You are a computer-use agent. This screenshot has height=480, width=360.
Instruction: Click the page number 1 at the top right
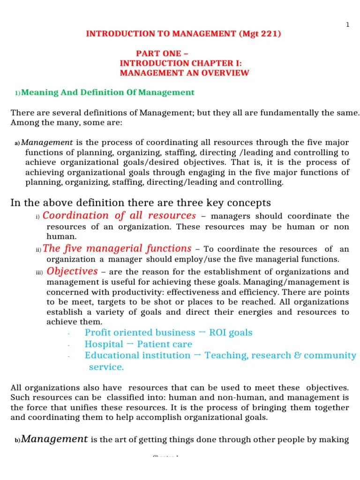(347, 25)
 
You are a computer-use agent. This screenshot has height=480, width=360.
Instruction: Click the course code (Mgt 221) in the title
(260, 34)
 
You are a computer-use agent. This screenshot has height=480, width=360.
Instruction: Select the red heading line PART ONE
(163, 53)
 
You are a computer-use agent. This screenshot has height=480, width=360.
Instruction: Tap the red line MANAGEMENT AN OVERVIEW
(184, 73)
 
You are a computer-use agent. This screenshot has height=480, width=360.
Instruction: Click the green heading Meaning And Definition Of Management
(108, 92)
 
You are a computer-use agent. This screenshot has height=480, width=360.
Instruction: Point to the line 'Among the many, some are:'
(66, 122)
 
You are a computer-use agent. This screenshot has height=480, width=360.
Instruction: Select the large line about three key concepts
(141, 202)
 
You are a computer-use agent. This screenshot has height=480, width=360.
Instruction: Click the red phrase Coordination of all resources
(119, 216)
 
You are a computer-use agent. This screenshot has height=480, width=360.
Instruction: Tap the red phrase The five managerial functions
(117, 248)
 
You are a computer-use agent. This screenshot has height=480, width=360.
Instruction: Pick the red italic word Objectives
(72, 271)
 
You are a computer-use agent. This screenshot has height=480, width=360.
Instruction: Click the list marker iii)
(39, 273)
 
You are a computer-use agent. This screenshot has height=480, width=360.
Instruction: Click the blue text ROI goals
(231, 333)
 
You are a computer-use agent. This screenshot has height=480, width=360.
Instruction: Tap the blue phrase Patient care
(165, 344)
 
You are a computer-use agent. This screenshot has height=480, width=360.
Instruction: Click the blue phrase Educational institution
(137, 355)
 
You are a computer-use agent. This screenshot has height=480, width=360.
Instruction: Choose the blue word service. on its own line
(106, 367)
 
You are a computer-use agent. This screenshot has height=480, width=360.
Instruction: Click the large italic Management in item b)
(55, 439)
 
